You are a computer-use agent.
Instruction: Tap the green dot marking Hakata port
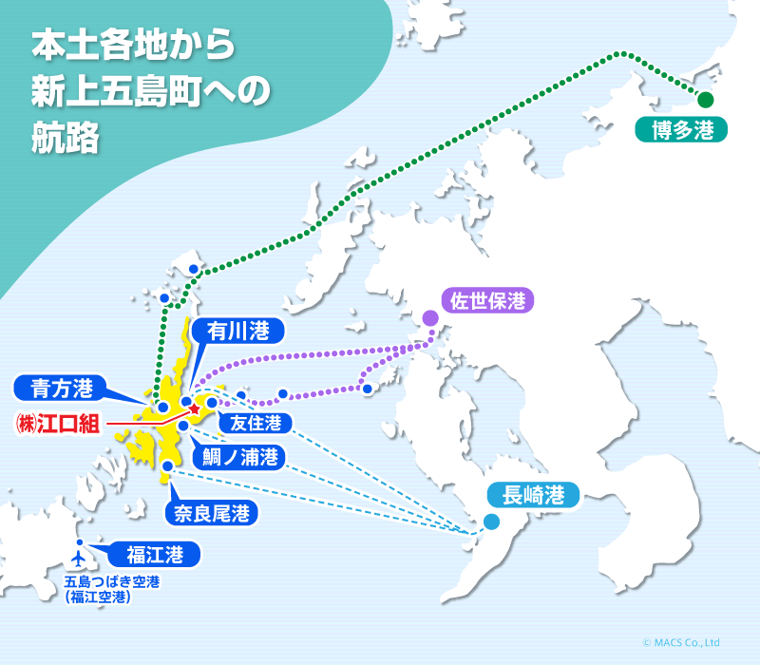click(705, 99)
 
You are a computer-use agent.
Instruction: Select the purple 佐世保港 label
click(487, 302)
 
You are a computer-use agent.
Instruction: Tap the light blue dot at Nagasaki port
click(491, 521)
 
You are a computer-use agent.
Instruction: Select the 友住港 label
click(255, 423)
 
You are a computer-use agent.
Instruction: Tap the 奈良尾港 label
click(212, 514)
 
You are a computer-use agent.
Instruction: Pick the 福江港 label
click(147, 553)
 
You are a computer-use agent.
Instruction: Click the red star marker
click(194, 408)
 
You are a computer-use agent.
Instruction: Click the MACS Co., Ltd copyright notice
click(681, 642)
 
